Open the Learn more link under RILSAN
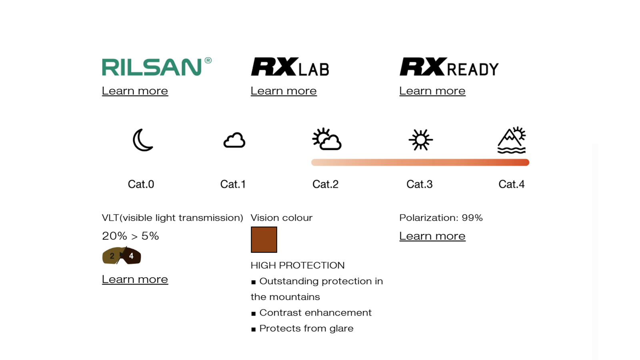coord(135,91)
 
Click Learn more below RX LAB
coord(284,91)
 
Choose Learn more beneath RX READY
coord(432,91)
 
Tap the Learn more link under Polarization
coord(432,236)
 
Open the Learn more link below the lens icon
coord(135,279)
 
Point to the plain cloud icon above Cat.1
coord(234,140)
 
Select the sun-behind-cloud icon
coord(326,139)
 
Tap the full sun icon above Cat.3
coord(420,140)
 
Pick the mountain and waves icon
coord(512,140)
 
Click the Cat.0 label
coord(141,184)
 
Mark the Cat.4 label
coord(512,184)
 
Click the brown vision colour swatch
coord(264,240)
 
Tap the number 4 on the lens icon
coord(131,256)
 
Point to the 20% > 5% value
coord(130,236)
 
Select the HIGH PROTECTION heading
coord(298,266)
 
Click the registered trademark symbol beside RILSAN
coord(208,60)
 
